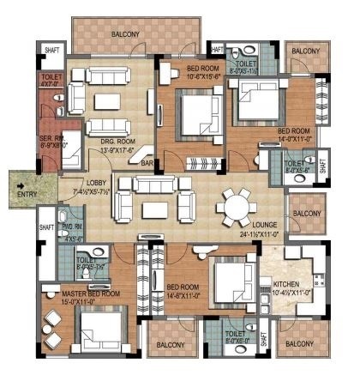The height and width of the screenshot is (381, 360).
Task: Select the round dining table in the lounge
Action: [233, 205]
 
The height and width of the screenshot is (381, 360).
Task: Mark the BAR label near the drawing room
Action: [147, 163]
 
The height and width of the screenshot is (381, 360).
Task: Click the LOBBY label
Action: [96, 183]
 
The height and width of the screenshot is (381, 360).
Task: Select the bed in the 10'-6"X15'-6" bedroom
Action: [199, 111]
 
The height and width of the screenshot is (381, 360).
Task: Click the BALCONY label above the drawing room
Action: [127, 34]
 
